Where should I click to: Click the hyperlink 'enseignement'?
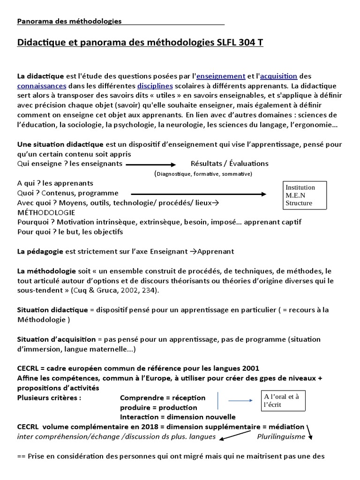[221, 76]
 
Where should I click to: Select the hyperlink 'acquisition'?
[278, 76]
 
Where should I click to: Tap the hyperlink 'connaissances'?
[41, 86]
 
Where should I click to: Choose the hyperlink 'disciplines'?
[155, 86]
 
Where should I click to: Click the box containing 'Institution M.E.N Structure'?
[303, 195]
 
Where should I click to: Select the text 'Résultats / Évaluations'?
[229, 164]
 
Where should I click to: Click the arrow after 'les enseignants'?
[150, 165]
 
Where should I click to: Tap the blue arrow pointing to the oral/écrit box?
[240, 400]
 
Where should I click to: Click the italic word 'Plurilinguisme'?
[281, 436]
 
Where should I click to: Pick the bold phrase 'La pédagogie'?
[40, 251]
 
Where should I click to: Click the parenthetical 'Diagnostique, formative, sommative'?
[203, 174]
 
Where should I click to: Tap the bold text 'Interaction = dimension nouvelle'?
[178, 417]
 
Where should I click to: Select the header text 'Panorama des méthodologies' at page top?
[69, 21]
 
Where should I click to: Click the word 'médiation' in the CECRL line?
[287, 427]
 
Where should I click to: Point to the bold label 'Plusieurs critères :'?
[49, 398]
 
